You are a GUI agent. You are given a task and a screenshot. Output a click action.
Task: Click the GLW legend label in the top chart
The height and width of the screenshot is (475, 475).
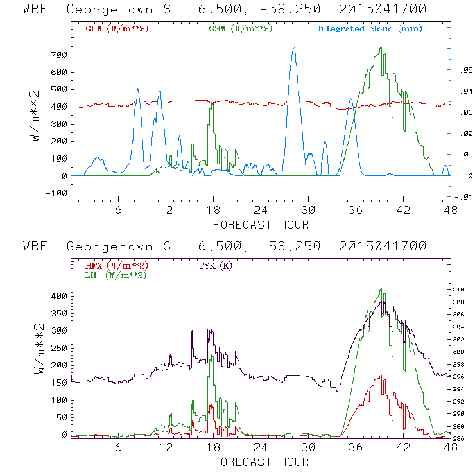(112, 29)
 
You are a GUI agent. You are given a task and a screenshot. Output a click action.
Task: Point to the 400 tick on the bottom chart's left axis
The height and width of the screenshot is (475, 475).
(58, 296)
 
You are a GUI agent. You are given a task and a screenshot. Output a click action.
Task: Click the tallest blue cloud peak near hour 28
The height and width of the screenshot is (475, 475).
(294, 47)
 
